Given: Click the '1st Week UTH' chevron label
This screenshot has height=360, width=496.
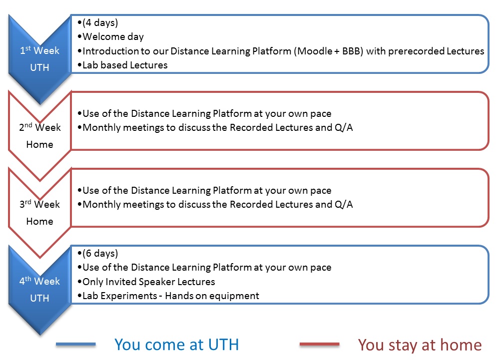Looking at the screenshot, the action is [x=39, y=59].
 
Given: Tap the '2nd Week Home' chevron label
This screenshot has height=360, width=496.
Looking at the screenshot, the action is [x=39, y=136].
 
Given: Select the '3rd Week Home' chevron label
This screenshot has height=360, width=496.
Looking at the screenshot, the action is [x=39, y=213].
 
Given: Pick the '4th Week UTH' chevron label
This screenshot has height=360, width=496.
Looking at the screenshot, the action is [x=39, y=290].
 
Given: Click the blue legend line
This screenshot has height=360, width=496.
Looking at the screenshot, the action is [x=75, y=344].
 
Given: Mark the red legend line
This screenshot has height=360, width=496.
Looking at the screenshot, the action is [x=320, y=344].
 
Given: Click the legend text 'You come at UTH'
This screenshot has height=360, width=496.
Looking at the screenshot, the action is [x=176, y=345].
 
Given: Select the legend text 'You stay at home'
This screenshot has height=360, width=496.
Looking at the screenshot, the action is [x=420, y=345].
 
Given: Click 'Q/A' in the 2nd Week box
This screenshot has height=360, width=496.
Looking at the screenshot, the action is [x=344, y=127].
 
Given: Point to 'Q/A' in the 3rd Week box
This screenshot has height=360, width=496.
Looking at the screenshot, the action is [x=344, y=204].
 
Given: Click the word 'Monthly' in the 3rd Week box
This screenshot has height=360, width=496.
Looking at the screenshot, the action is [x=101, y=205].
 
